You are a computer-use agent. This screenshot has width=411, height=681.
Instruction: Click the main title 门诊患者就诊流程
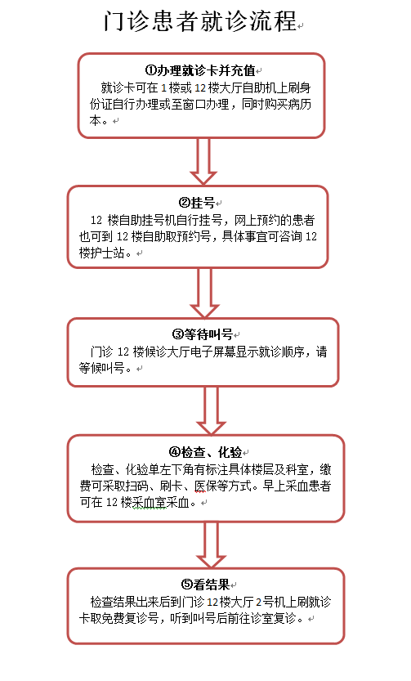[200, 20]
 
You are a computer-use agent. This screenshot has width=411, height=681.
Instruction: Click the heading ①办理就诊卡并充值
[200, 70]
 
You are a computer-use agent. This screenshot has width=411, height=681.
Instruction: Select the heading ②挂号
[197, 203]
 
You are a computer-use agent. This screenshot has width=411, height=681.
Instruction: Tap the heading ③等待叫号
[203, 334]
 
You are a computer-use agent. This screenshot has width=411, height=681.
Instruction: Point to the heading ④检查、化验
[205, 452]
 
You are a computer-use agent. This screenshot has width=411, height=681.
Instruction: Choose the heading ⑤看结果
[205, 585]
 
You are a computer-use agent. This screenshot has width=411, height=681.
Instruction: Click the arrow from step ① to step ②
[203, 161]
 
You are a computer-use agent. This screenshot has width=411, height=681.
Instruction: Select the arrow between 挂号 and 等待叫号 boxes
[204, 293]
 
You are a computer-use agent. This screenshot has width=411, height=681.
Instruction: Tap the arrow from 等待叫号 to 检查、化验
[211, 411]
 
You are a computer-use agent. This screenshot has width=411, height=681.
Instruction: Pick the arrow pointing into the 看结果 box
[211, 544]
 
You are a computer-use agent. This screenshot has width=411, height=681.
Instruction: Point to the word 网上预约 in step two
[257, 220]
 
